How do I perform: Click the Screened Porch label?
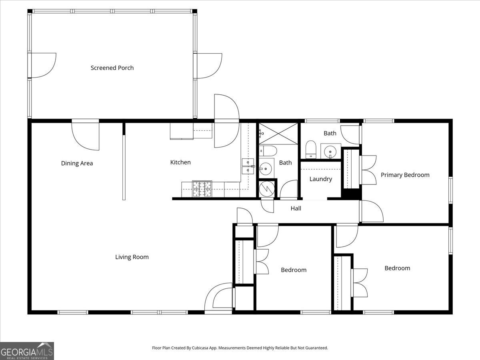coord(112,68)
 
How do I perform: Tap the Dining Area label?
coord(77,163)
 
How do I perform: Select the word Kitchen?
coord(180,162)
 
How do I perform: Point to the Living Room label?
coord(132,257)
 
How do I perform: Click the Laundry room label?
coord(320,179)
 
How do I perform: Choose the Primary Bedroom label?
coord(405,175)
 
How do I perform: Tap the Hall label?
coord(296,208)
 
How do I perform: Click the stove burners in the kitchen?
coord(202,188)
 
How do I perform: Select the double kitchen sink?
coord(248,166)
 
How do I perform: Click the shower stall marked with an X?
coord(278,134)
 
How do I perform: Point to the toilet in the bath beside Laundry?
coord(311,150)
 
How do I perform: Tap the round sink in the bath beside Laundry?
coord(330,151)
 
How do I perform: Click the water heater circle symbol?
coord(267,188)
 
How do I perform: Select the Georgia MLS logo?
coord(27,351)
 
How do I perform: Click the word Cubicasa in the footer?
coord(200,348)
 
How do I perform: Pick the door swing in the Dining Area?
coord(85,136)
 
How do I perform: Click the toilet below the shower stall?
coord(268,151)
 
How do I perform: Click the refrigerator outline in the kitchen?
coord(182,131)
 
